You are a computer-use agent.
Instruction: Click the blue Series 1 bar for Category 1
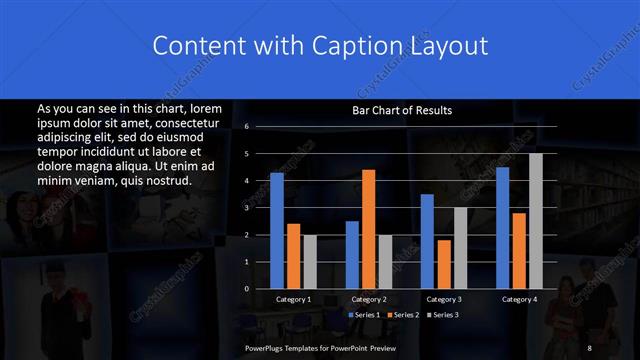277,231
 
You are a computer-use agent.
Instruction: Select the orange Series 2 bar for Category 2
368,229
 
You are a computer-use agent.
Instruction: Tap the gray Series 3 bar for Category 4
535,221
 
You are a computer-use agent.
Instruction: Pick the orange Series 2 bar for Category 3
443,265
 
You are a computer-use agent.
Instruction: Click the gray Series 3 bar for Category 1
309,262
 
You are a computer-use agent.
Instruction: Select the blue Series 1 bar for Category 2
352,255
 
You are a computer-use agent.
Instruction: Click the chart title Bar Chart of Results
402,110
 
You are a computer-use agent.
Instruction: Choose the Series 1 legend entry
364,315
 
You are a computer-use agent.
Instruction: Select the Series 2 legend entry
403,315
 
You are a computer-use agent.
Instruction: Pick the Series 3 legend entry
444,315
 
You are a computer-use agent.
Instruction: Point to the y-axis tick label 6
246,127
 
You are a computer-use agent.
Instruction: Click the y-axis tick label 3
246,208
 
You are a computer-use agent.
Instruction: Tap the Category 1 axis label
293,299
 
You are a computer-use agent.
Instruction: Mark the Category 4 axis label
518,299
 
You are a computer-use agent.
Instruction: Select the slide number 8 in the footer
590,347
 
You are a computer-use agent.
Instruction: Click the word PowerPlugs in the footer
265,347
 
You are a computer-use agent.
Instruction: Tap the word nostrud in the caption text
163,180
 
